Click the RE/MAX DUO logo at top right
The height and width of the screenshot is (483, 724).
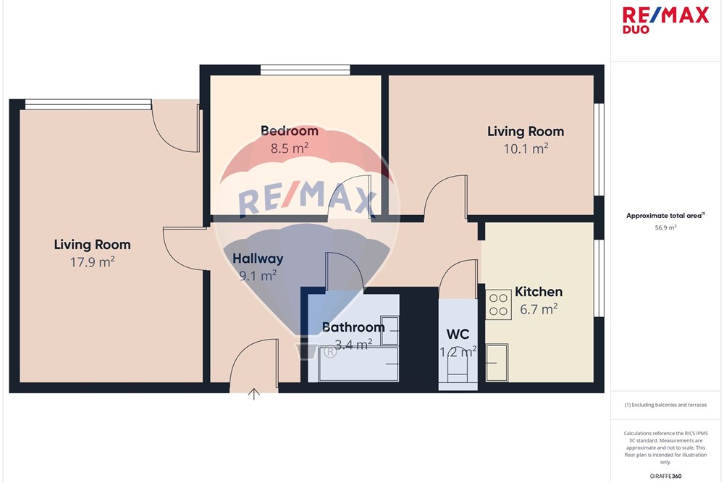coord(666,20)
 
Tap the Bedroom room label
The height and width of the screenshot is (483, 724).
coord(289,131)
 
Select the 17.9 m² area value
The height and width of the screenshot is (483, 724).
coord(92,262)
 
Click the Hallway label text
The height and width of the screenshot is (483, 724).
coord(258,258)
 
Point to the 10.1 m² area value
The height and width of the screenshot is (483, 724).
coord(525,149)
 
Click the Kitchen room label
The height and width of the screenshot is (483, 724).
coord(538,293)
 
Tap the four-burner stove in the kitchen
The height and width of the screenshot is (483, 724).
coord(498,304)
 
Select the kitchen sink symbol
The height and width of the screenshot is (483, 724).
coord(497,355)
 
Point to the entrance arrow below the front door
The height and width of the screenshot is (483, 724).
coord(254,395)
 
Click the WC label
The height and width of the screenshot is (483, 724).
coord(458,335)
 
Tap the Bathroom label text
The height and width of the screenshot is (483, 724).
coord(353,327)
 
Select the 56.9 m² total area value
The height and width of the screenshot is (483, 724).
coord(665,227)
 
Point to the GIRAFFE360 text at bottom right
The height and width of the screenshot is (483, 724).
coord(665,476)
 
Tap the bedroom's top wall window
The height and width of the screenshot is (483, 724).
coord(305,70)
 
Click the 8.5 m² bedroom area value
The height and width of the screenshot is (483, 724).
coord(290,148)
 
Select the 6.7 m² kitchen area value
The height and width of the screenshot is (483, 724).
coord(538,309)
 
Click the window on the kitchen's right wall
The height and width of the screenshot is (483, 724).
coord(599,279)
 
